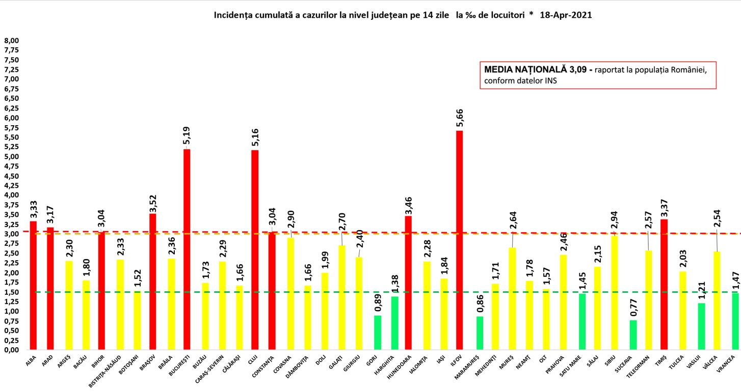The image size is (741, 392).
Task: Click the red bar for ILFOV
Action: (459, 240)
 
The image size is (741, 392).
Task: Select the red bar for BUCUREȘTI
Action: (187, 249)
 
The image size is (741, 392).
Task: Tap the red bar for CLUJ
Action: (255, 250)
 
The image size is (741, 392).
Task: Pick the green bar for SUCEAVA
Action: (633, 335)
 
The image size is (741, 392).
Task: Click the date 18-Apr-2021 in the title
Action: (565, 15)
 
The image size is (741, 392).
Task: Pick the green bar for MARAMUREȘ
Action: (480, 333)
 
